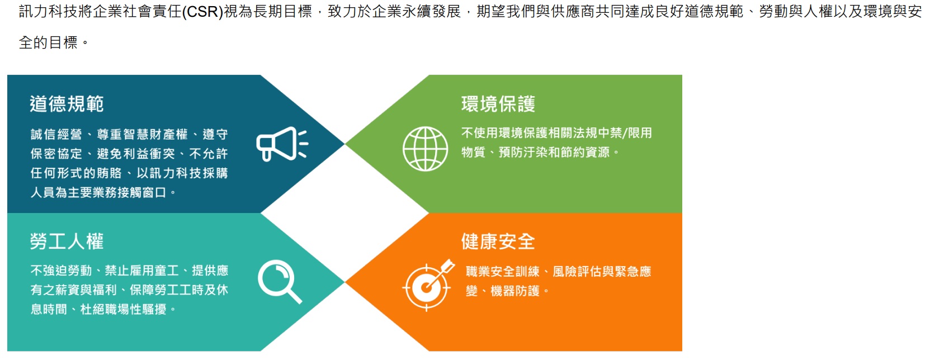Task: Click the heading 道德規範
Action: (x=67, y=104)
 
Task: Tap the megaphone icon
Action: (x=282, y=144)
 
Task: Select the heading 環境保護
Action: (x=498, y=104)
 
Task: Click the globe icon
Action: (x=425, y=149)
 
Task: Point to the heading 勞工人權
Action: (x=67, y=241)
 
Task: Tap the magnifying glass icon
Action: (x=280, y=282)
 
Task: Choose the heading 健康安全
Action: (x=498, y=241)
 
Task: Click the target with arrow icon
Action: (x=428, y=286)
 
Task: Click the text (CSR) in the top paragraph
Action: (x=203, y=12)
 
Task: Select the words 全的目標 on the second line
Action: (x=48, y=42)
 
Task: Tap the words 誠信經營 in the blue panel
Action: (x=56, y=134)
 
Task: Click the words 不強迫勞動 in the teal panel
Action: (x=61, y=271)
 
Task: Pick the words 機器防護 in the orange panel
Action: (x=515, y=291)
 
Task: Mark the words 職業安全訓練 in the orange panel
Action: (x=503, y=272)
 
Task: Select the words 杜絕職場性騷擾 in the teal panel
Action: (x=123, y=309)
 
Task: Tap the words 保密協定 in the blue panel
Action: (x=56, y=154)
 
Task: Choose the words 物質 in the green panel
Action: (x=473, y=153)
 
